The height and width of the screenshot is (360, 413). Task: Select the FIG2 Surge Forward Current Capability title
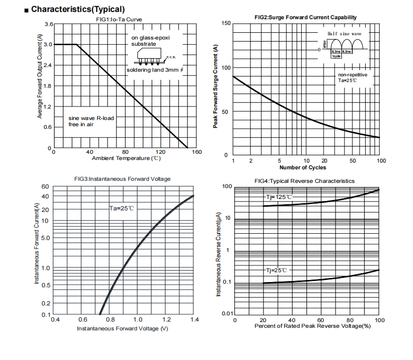[305, 17]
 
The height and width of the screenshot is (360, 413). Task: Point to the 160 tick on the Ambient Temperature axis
[196, 152]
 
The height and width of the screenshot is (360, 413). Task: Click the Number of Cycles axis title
[303, 167]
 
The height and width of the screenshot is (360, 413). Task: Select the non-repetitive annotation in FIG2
[352, 75]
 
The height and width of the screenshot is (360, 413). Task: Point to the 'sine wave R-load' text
[91, 118]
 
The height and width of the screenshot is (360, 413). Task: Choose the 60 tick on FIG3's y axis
[45, 186]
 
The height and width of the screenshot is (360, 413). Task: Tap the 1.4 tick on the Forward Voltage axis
[194, 319]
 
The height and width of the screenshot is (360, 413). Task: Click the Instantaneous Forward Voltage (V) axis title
[123, 329]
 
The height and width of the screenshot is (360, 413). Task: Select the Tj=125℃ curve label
[279, 197]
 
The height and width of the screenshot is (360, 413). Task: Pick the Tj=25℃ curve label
[277, 270]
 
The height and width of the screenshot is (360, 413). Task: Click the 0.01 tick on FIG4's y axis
[225, 313]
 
